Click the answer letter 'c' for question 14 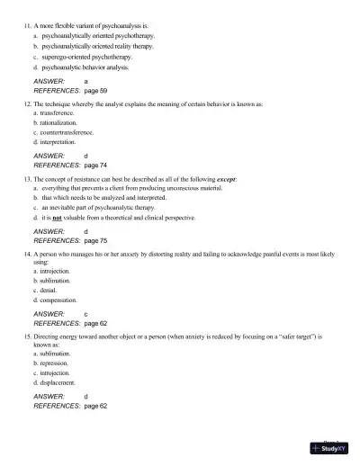pos(85,314)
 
